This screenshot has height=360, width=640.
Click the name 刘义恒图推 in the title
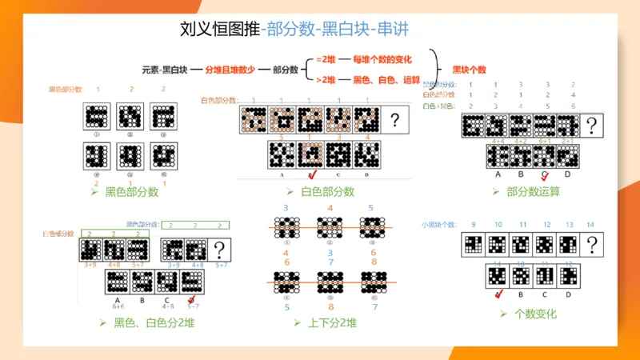[x=220, y=30]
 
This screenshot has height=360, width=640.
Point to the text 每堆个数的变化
[x=387, y=60]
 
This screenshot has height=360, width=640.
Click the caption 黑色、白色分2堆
[x=154, y=323]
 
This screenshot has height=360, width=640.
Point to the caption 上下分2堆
[x=330, y=323]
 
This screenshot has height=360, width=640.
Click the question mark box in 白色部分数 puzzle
[x=394, y=121]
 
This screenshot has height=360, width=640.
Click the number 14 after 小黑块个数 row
[x=590, y=225]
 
